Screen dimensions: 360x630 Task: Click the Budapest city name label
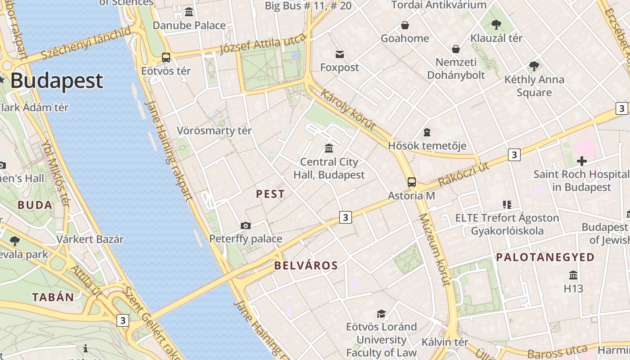pos(57,81)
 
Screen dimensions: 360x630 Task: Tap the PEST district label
pos(270,194)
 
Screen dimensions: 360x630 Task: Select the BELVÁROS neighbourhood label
pos(306,265)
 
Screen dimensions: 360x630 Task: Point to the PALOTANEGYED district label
pos(545,257)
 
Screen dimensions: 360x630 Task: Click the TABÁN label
pos(53,297)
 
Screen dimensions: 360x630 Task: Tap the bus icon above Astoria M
pos(411,182)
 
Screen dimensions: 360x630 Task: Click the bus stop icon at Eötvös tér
pos(166,58)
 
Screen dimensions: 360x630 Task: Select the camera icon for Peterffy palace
pos(245,225)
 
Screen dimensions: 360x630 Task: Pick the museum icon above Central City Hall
pos(329,148)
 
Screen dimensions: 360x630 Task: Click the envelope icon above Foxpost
pos(340,54)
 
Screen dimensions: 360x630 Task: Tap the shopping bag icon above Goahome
pos(405,25)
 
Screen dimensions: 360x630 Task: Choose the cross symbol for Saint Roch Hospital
pos(581,161)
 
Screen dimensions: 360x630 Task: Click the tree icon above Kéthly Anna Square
pos(534,66)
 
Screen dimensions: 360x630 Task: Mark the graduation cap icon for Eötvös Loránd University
pos(381,314)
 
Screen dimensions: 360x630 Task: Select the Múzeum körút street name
pos(434,250)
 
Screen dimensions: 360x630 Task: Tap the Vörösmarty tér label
pos(214,130)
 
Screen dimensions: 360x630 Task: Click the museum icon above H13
pos(573,275)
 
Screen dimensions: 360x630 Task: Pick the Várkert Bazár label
pos(90,239)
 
